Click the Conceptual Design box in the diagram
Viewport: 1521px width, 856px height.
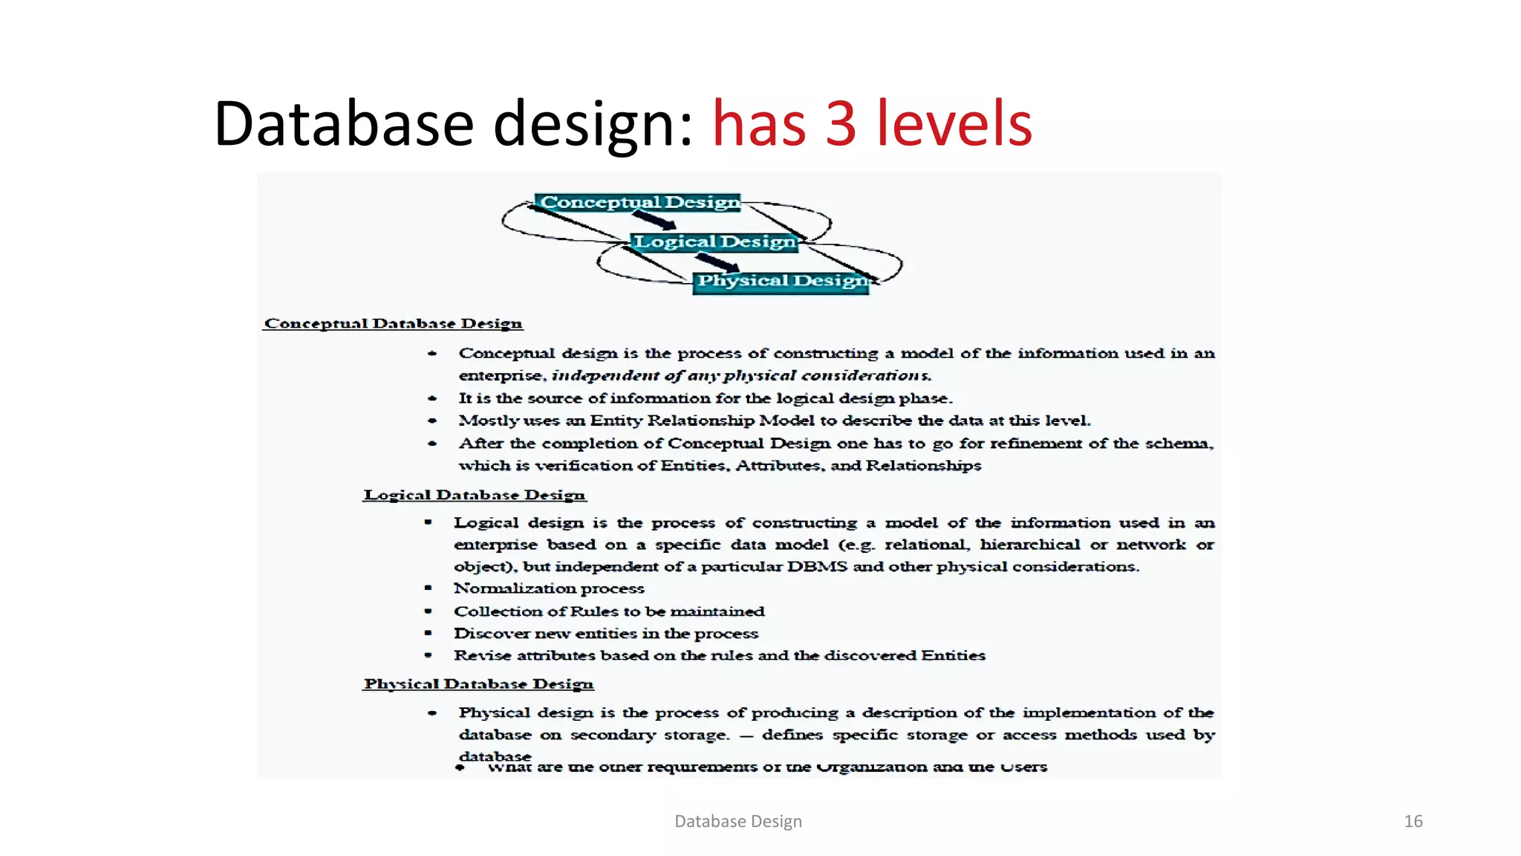pos(639,202)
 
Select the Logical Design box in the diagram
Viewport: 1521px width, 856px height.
pos(714,241)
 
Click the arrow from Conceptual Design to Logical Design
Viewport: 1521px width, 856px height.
pos(654,220)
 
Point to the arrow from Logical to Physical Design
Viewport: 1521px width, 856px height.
pos(717,262)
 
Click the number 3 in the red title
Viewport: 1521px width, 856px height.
pos(840,123)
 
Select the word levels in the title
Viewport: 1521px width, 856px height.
pos(954,123)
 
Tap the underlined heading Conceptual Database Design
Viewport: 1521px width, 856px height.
pos(393,323)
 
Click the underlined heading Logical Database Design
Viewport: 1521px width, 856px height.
pos(474,495)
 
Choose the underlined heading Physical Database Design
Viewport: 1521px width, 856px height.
pos(478,684)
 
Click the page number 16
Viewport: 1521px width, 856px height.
pos(1413,821)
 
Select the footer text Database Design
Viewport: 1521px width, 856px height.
pos(737,821)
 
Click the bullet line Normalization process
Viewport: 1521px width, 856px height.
pos(549,588)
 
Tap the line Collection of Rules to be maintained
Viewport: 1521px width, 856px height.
pos(609,611)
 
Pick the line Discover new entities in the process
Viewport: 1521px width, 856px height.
pos(605,633)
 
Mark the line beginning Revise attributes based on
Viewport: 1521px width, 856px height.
pos(719,655)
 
